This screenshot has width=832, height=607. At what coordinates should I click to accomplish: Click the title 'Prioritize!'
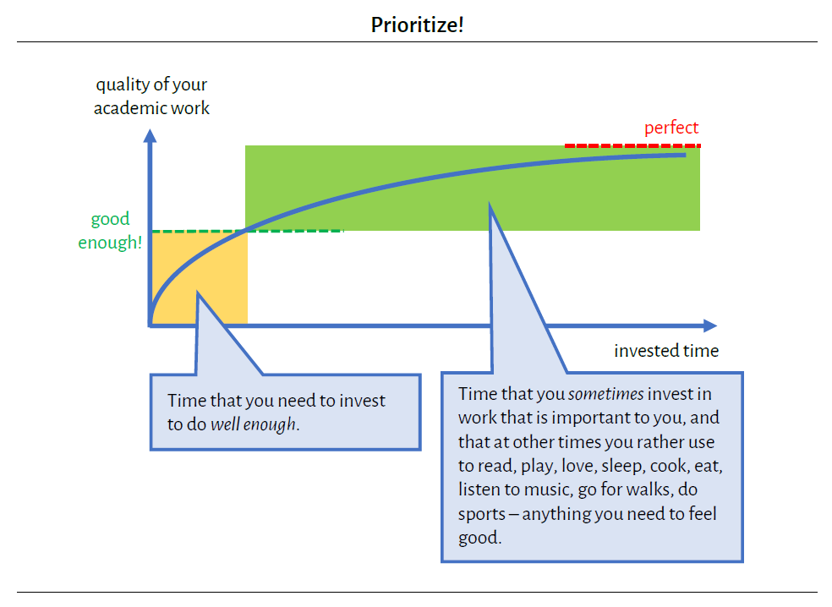417,25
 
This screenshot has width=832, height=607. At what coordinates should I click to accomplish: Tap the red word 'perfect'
671,128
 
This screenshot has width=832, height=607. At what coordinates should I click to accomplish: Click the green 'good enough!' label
110,231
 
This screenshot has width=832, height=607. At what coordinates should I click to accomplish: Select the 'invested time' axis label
666,350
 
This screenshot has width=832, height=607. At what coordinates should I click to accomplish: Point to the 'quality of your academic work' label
151,96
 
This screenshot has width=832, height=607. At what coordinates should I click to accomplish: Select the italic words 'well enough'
254,424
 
